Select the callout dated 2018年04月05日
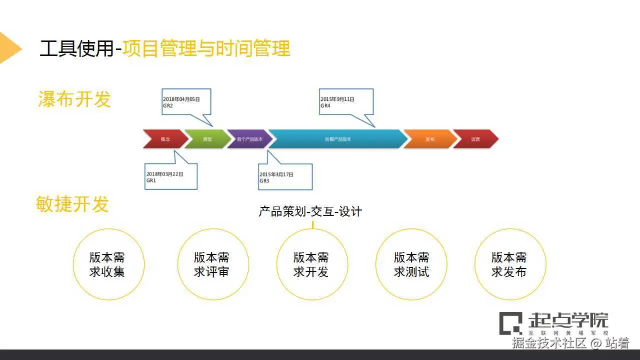186,102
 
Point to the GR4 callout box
346,102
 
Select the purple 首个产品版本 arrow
249,139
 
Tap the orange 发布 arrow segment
429,139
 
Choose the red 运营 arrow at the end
475,139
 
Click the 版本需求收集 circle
108,264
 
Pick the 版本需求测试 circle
411,264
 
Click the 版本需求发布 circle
509,264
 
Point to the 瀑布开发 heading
74,99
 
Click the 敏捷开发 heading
72,204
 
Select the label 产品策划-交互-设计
310,211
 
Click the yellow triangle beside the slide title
9,48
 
